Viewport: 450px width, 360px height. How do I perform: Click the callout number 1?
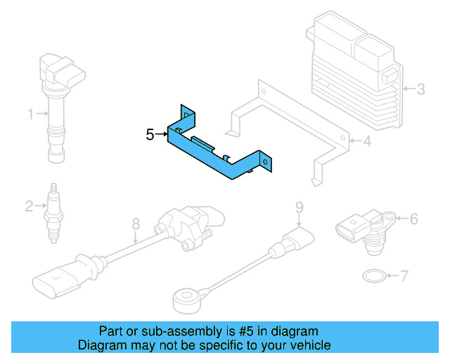click(x=30, y=113)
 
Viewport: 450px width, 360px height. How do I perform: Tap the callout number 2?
click(x=29, y=206)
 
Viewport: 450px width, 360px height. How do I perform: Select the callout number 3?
click(x=420, y=89)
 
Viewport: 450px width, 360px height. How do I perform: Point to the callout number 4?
click(x=366, y=141)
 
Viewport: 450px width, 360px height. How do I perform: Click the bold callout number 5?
click(x=150, y=134)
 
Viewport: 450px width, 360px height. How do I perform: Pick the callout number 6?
click(x=413, y=219)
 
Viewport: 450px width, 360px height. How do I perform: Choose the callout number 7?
click(x=404, y=276)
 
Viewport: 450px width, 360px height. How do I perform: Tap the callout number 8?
click(x=136, y=224)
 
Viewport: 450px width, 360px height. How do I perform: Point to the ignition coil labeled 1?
click(x=58, y=98)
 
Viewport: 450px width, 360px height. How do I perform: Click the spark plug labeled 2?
click(x=53, y=211)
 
